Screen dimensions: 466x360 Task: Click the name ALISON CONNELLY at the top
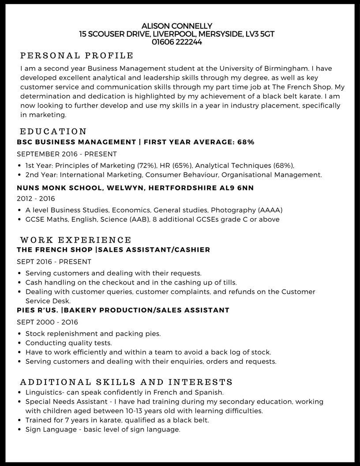tap(176, 26)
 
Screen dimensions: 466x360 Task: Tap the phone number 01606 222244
tap(176, 42)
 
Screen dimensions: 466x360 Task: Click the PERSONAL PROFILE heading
tap(77, 56)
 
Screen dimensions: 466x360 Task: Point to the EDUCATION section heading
tap(53, 132)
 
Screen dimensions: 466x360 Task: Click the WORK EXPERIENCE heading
tap(76, 240)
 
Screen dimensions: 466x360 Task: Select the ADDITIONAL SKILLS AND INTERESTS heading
tap(127, 382)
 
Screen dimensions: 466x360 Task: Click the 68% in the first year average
tap(246, 142)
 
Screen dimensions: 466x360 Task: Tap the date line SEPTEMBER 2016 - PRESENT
tap(67, 154)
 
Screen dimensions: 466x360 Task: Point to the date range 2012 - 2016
tap(36, 199)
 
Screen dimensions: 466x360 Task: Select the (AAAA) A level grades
tap(270, 210)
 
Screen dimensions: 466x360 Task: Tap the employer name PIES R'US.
tap(37, 310)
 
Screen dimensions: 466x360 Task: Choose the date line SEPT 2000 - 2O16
tap(47, 322)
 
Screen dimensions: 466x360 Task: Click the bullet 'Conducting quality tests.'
tap(68, 343)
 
